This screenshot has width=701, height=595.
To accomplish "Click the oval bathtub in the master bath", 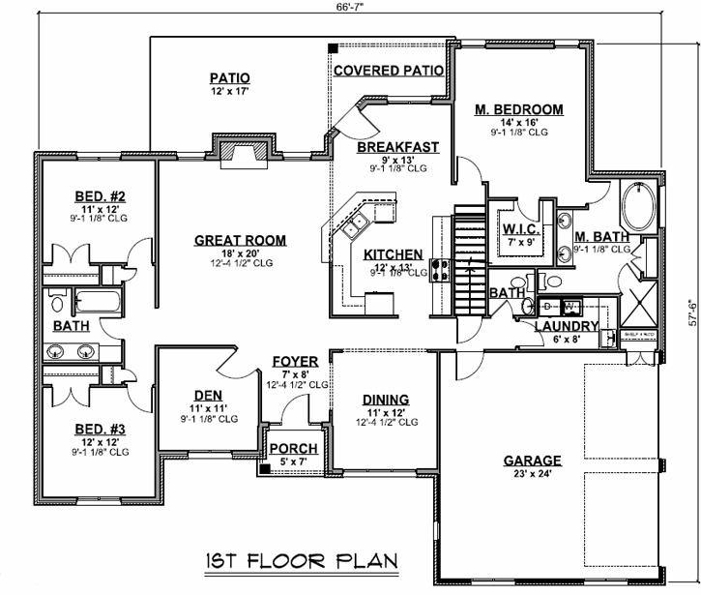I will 638,203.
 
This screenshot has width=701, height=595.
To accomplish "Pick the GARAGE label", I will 533,461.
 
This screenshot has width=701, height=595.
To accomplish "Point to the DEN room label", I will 207,394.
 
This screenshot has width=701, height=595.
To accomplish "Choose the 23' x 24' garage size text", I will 533,475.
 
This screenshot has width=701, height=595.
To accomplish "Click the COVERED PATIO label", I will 388,71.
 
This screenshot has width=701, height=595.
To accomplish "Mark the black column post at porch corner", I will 264,469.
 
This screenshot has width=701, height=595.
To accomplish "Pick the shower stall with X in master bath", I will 637,301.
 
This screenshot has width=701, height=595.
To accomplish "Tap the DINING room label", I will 385,399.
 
